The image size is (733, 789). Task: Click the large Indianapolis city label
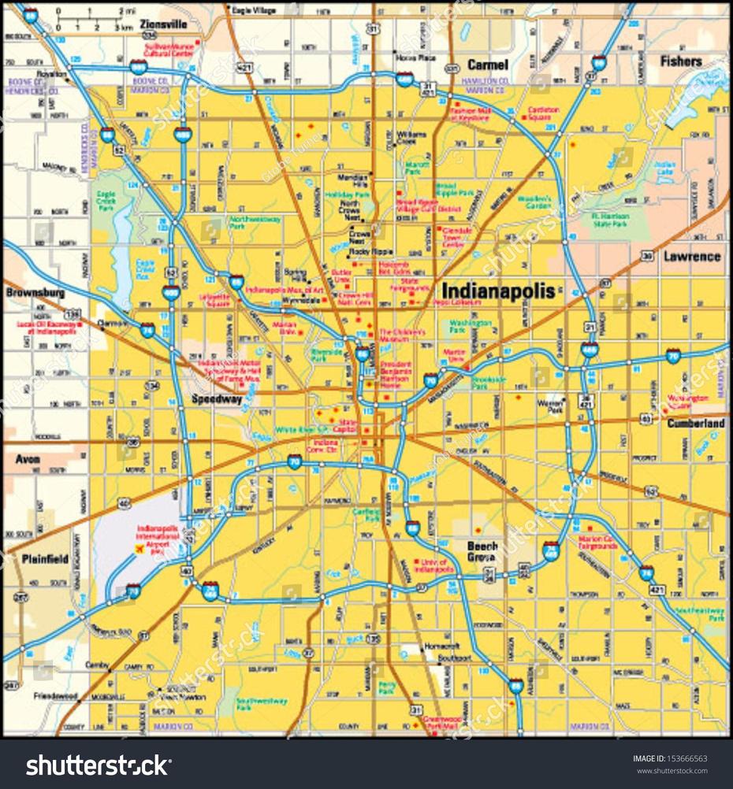click(x=497, y=289)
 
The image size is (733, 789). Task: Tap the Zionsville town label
click(x=163, y=24)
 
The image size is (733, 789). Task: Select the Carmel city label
click(x=487, y=65)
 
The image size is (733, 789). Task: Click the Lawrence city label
click(x=691, y=256)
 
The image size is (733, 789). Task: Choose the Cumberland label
click(x=696, y=423)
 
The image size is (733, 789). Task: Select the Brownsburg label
click(x=34, y=292)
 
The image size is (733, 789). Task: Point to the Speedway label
click(x=217, y=399)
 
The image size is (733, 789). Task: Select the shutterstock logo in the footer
click(x=99, y=765)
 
